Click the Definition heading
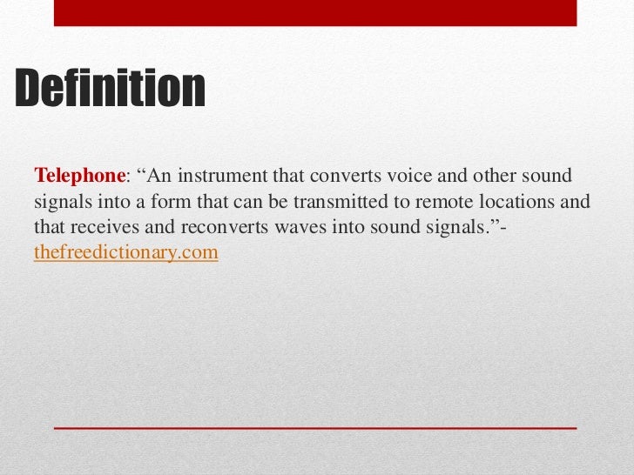pos(110,89)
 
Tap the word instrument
pos(221,177)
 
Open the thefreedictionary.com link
pos(125,253)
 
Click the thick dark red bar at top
pos(315,12)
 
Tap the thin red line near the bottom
pos(315,429)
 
